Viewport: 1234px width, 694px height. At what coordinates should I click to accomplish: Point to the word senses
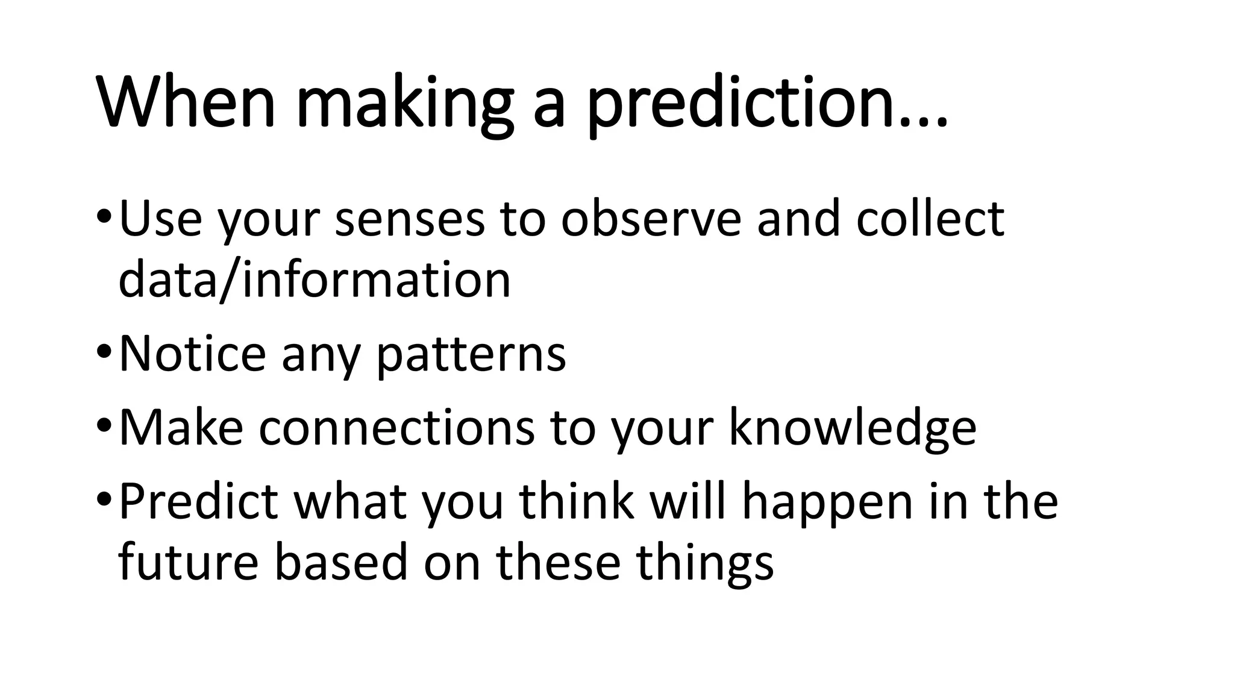pos(410,220)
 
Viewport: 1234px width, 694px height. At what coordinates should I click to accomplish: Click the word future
pos(189,562)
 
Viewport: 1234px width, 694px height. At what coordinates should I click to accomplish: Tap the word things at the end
pos(704,563)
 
